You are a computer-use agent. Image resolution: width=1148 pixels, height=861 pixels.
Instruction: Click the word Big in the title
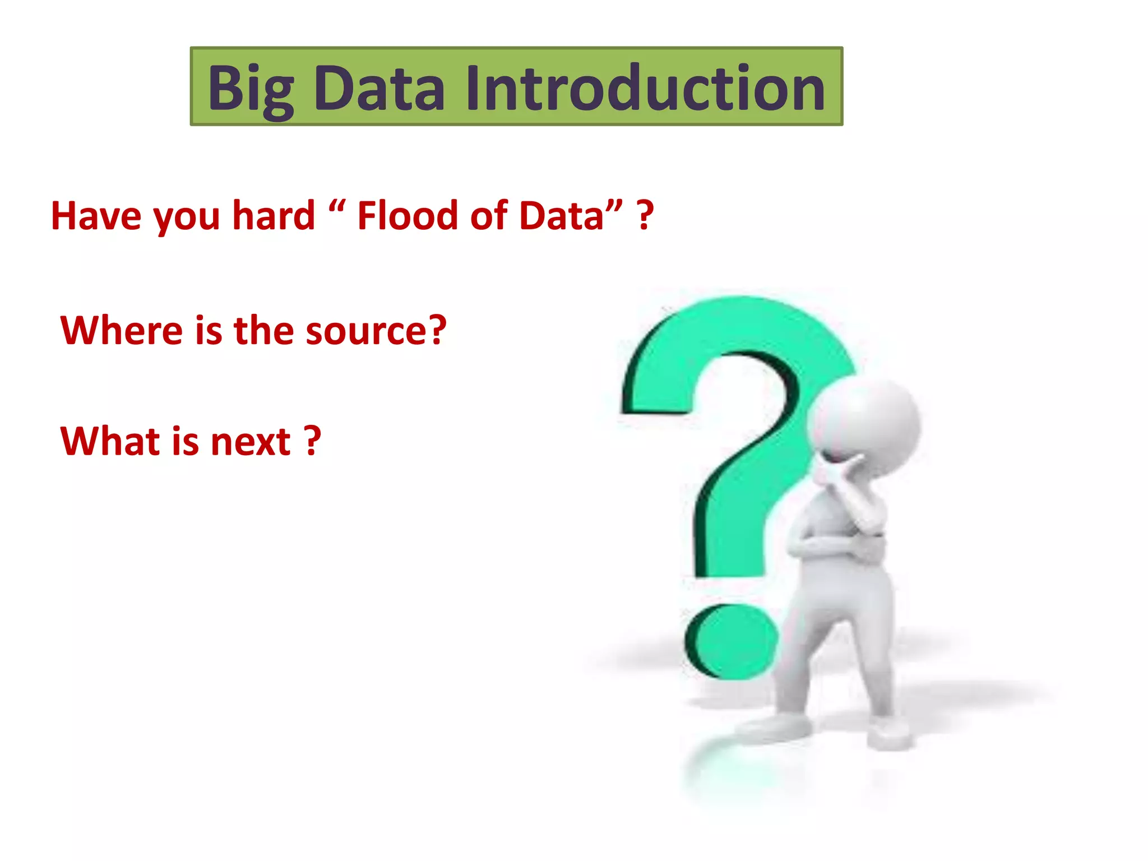pos(251,89)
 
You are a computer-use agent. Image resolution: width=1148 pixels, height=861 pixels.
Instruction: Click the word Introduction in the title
pos(645,87)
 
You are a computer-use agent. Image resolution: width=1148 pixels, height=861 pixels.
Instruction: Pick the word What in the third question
pos(110,441)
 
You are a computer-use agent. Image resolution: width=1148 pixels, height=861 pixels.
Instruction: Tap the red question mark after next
pos(313,441)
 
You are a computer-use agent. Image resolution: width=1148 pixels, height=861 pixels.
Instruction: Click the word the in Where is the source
pos(263,330)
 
